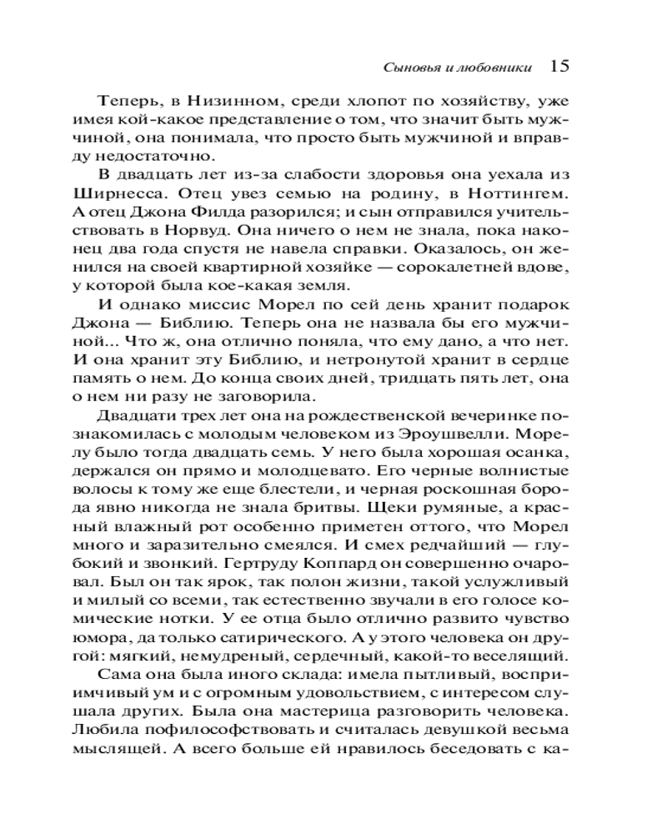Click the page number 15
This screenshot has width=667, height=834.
559,65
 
